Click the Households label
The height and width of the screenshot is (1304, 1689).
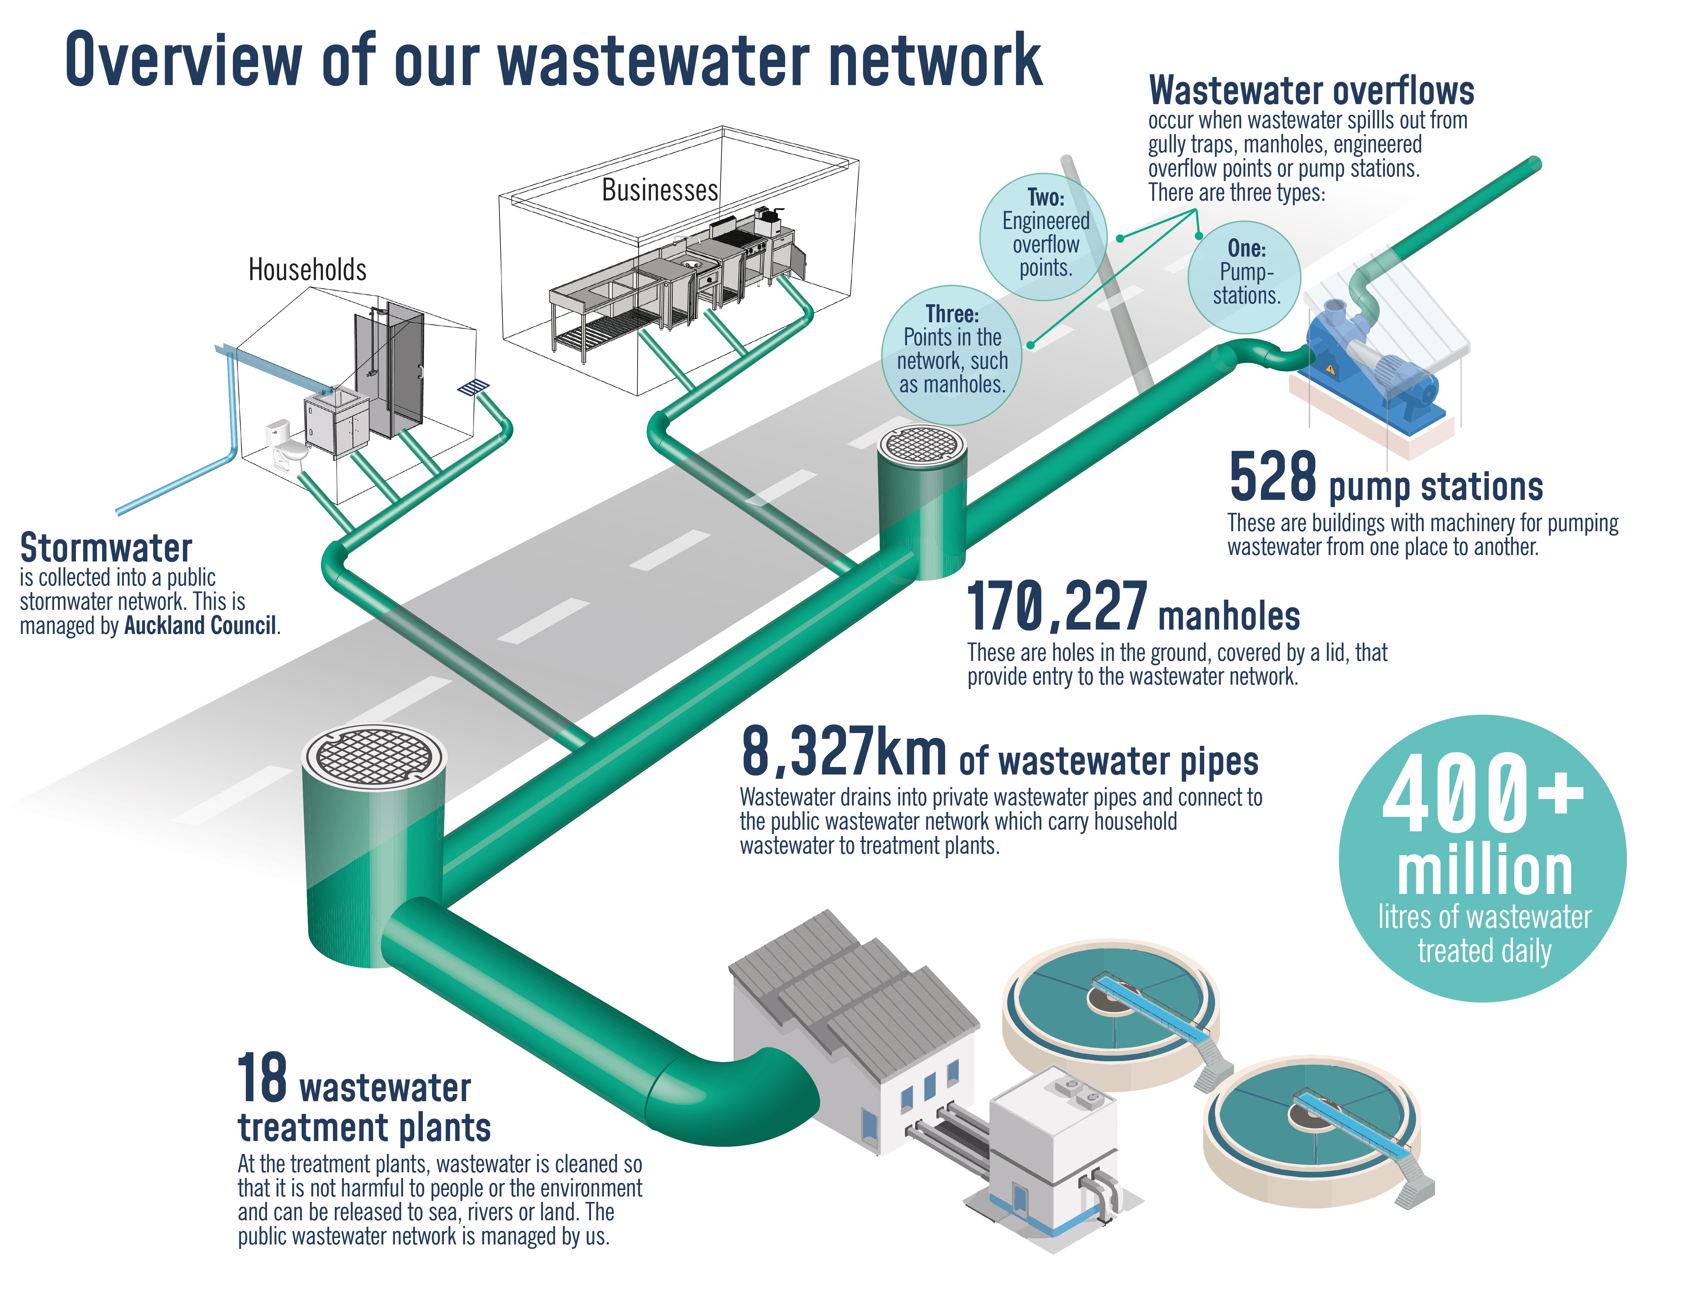307,270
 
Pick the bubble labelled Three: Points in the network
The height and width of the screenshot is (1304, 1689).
951,356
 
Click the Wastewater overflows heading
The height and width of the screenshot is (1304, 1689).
1311,91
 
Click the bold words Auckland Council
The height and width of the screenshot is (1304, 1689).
200,625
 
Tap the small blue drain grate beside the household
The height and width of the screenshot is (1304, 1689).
474,387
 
